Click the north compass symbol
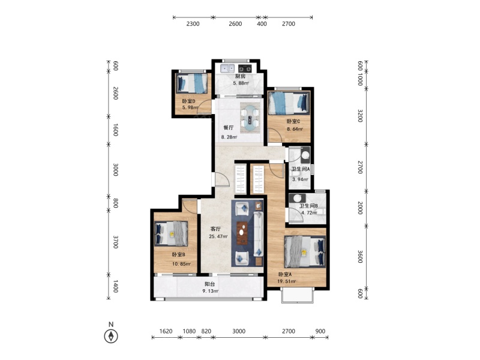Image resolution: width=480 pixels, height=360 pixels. (x=111, y=336)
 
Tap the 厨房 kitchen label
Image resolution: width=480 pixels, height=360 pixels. (x=241, y=76)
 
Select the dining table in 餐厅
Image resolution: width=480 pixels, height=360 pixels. (x=250, y=118)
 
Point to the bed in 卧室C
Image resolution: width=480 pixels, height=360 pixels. (x=289, y=103)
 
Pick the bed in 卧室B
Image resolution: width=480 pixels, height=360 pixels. (x=171, y=233)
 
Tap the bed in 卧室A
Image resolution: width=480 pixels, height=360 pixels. (x=305, y=251)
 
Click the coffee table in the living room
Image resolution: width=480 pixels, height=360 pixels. (x=243, y=232)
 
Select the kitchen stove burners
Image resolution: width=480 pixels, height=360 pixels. (x=245, y=68)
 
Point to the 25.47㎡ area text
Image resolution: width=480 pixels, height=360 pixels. (x=218, y=236)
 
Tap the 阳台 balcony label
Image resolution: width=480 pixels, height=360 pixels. (x=210, y=284)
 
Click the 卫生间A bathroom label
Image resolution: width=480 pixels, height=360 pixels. (x=301, y=169)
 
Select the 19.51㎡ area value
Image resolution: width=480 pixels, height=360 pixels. (x=287, y=281)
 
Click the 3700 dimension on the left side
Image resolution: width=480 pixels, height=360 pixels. (x=116, y=242)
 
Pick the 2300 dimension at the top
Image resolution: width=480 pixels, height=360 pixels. (x=193, y=24)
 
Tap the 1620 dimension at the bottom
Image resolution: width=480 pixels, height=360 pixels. (x=166, y=331)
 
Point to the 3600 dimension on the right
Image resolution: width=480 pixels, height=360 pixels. (x=360, y=257)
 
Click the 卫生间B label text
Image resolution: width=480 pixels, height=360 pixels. (x=308, y=206)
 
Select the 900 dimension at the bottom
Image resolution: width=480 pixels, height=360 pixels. (x=320, y=331)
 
